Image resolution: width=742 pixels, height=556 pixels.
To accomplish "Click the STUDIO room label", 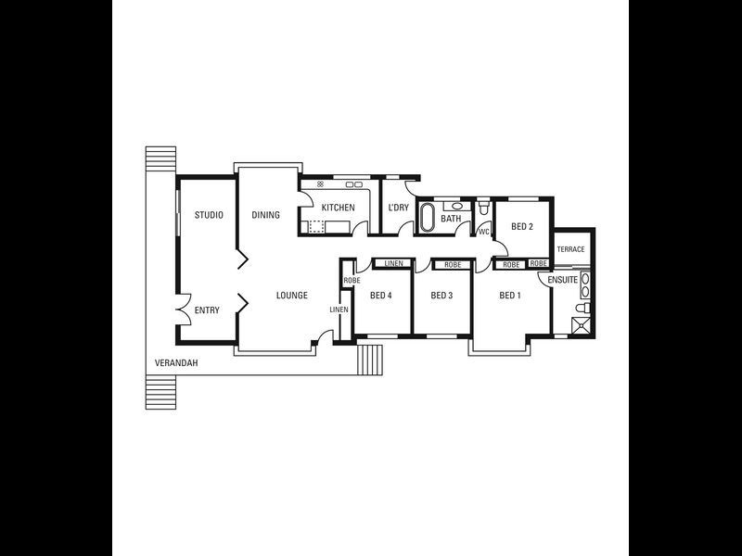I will (209, 215).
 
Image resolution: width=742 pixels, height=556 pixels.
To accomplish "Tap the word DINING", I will (265, 215).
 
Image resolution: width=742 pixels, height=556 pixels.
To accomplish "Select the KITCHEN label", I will (338, 208).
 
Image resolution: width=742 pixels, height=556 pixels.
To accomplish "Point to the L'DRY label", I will (398, 208).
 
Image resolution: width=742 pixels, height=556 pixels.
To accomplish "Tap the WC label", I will (483, 232).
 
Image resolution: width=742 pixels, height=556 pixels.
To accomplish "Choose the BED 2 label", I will (522, 226).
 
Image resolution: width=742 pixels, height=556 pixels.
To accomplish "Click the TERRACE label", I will (570, 249).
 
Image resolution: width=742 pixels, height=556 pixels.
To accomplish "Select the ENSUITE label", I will (563, 279).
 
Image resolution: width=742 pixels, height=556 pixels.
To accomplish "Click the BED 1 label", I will (510, 296).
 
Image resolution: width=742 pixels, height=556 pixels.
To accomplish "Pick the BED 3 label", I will (441, 296).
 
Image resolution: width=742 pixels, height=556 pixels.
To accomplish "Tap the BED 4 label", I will (381, 296).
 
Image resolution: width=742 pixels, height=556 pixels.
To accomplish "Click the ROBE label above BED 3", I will (452, 265).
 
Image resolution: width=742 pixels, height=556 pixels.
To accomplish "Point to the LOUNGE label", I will (291, 296).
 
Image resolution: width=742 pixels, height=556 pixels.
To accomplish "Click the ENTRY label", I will (207, 310).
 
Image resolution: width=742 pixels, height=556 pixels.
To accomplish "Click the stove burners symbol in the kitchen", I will (320, 184).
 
